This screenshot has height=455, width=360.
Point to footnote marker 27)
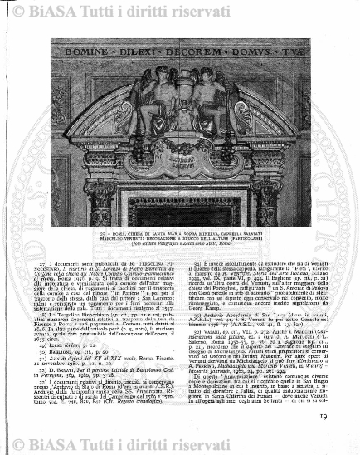click(x=46, y=263)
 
